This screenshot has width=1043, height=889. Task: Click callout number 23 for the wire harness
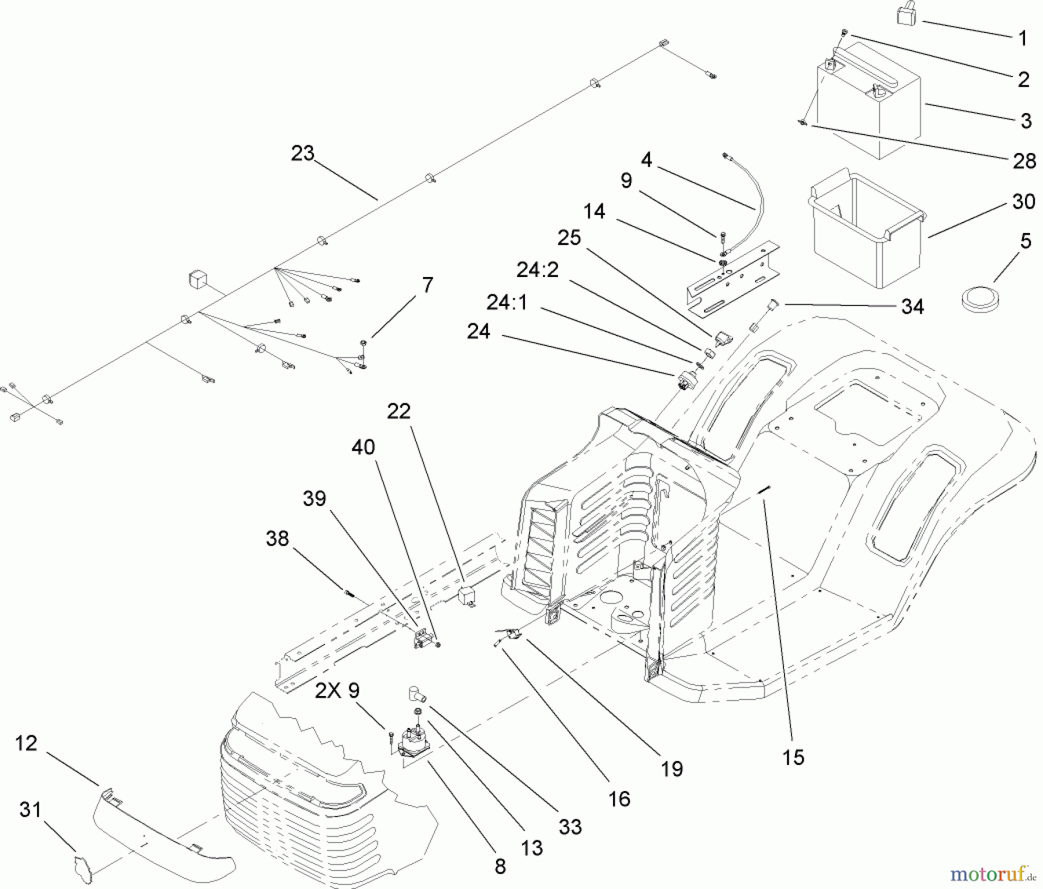302,154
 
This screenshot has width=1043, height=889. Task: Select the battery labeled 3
869,104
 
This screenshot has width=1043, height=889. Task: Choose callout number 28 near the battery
1024,161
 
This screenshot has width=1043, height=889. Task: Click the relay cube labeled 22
467,596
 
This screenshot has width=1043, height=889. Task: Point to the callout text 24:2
538,269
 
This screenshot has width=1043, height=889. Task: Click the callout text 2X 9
337,690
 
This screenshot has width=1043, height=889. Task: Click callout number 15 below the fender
793,757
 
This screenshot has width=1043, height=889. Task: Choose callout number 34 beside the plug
912,307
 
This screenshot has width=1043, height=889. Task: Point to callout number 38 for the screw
277,538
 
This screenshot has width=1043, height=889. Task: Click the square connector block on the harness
198,279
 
